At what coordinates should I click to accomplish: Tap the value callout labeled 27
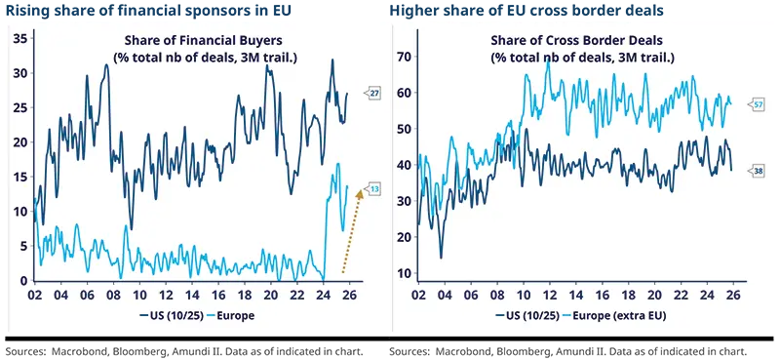(373, 93)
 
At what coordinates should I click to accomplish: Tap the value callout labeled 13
(373, 187)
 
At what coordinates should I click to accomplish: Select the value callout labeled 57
(756, 103)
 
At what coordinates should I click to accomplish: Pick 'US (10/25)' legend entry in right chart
(528, 317)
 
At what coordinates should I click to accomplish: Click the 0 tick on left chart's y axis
(23, 281)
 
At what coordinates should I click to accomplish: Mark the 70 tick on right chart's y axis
(402, 57)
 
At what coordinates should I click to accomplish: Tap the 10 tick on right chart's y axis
(402, 273)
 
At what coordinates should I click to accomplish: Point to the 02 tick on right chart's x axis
(419, 294)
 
